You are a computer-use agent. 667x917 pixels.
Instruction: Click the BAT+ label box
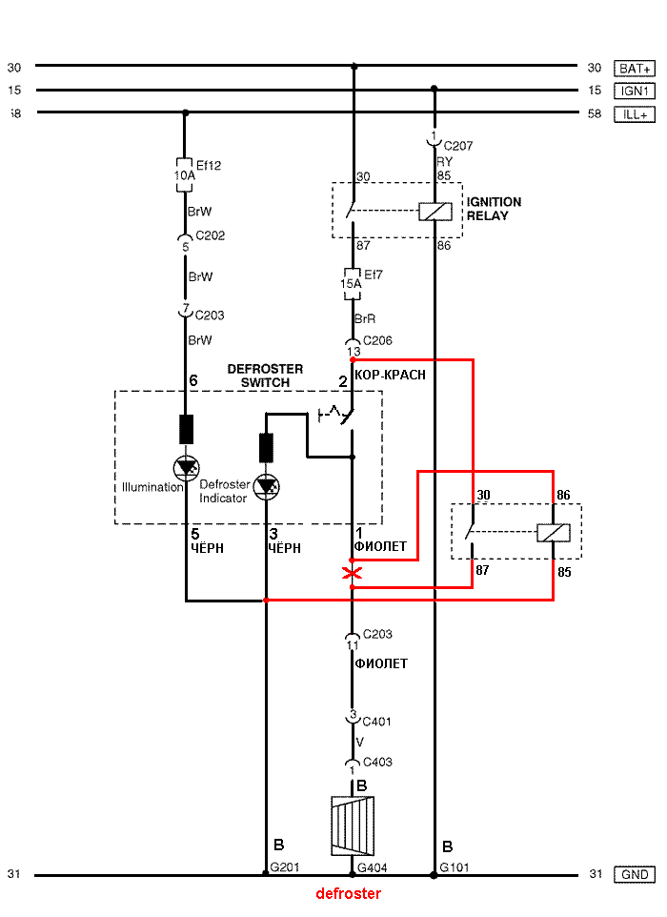[x=635, y=69]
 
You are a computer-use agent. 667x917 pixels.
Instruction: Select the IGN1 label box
[x=635, y=91]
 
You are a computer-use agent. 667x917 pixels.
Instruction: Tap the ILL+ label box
[x=635, y=114]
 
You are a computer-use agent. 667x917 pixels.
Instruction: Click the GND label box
[x=635, y=874]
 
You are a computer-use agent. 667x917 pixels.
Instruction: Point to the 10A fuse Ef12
[x=184, y=174]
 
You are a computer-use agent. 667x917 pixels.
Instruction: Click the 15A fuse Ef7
[x=352, y=284]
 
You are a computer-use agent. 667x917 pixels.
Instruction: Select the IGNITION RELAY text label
[x=494, y=209]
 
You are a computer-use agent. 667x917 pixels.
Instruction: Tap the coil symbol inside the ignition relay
[x=435, y=211]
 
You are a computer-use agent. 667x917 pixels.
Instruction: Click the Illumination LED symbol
[x=187, y=468]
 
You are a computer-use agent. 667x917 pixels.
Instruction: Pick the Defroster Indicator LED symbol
[x=267, y=486]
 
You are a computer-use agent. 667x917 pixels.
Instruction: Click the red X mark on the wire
[x=352, y=573]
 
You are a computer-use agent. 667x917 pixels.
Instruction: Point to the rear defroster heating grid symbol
[x=353, y=825]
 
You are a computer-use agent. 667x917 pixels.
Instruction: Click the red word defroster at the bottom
[x=349, y=893]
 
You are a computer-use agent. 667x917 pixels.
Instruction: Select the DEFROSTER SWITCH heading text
[x=266, y=376]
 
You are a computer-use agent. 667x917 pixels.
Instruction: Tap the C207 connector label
[x=458, y=146]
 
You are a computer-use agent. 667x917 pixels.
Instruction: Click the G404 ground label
[x=373, y=867]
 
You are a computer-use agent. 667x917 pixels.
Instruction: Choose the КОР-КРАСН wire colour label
[x=391, y=375]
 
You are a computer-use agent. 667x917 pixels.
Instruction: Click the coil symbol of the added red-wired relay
[x=553, y=533]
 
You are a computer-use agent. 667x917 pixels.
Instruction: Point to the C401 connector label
[x=377, y=722]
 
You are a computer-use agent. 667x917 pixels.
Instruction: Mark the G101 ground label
[x=455, y=867]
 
